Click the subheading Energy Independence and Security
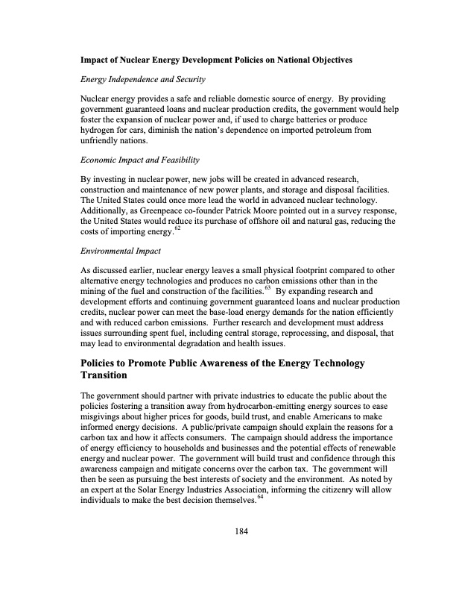pos(143,79)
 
